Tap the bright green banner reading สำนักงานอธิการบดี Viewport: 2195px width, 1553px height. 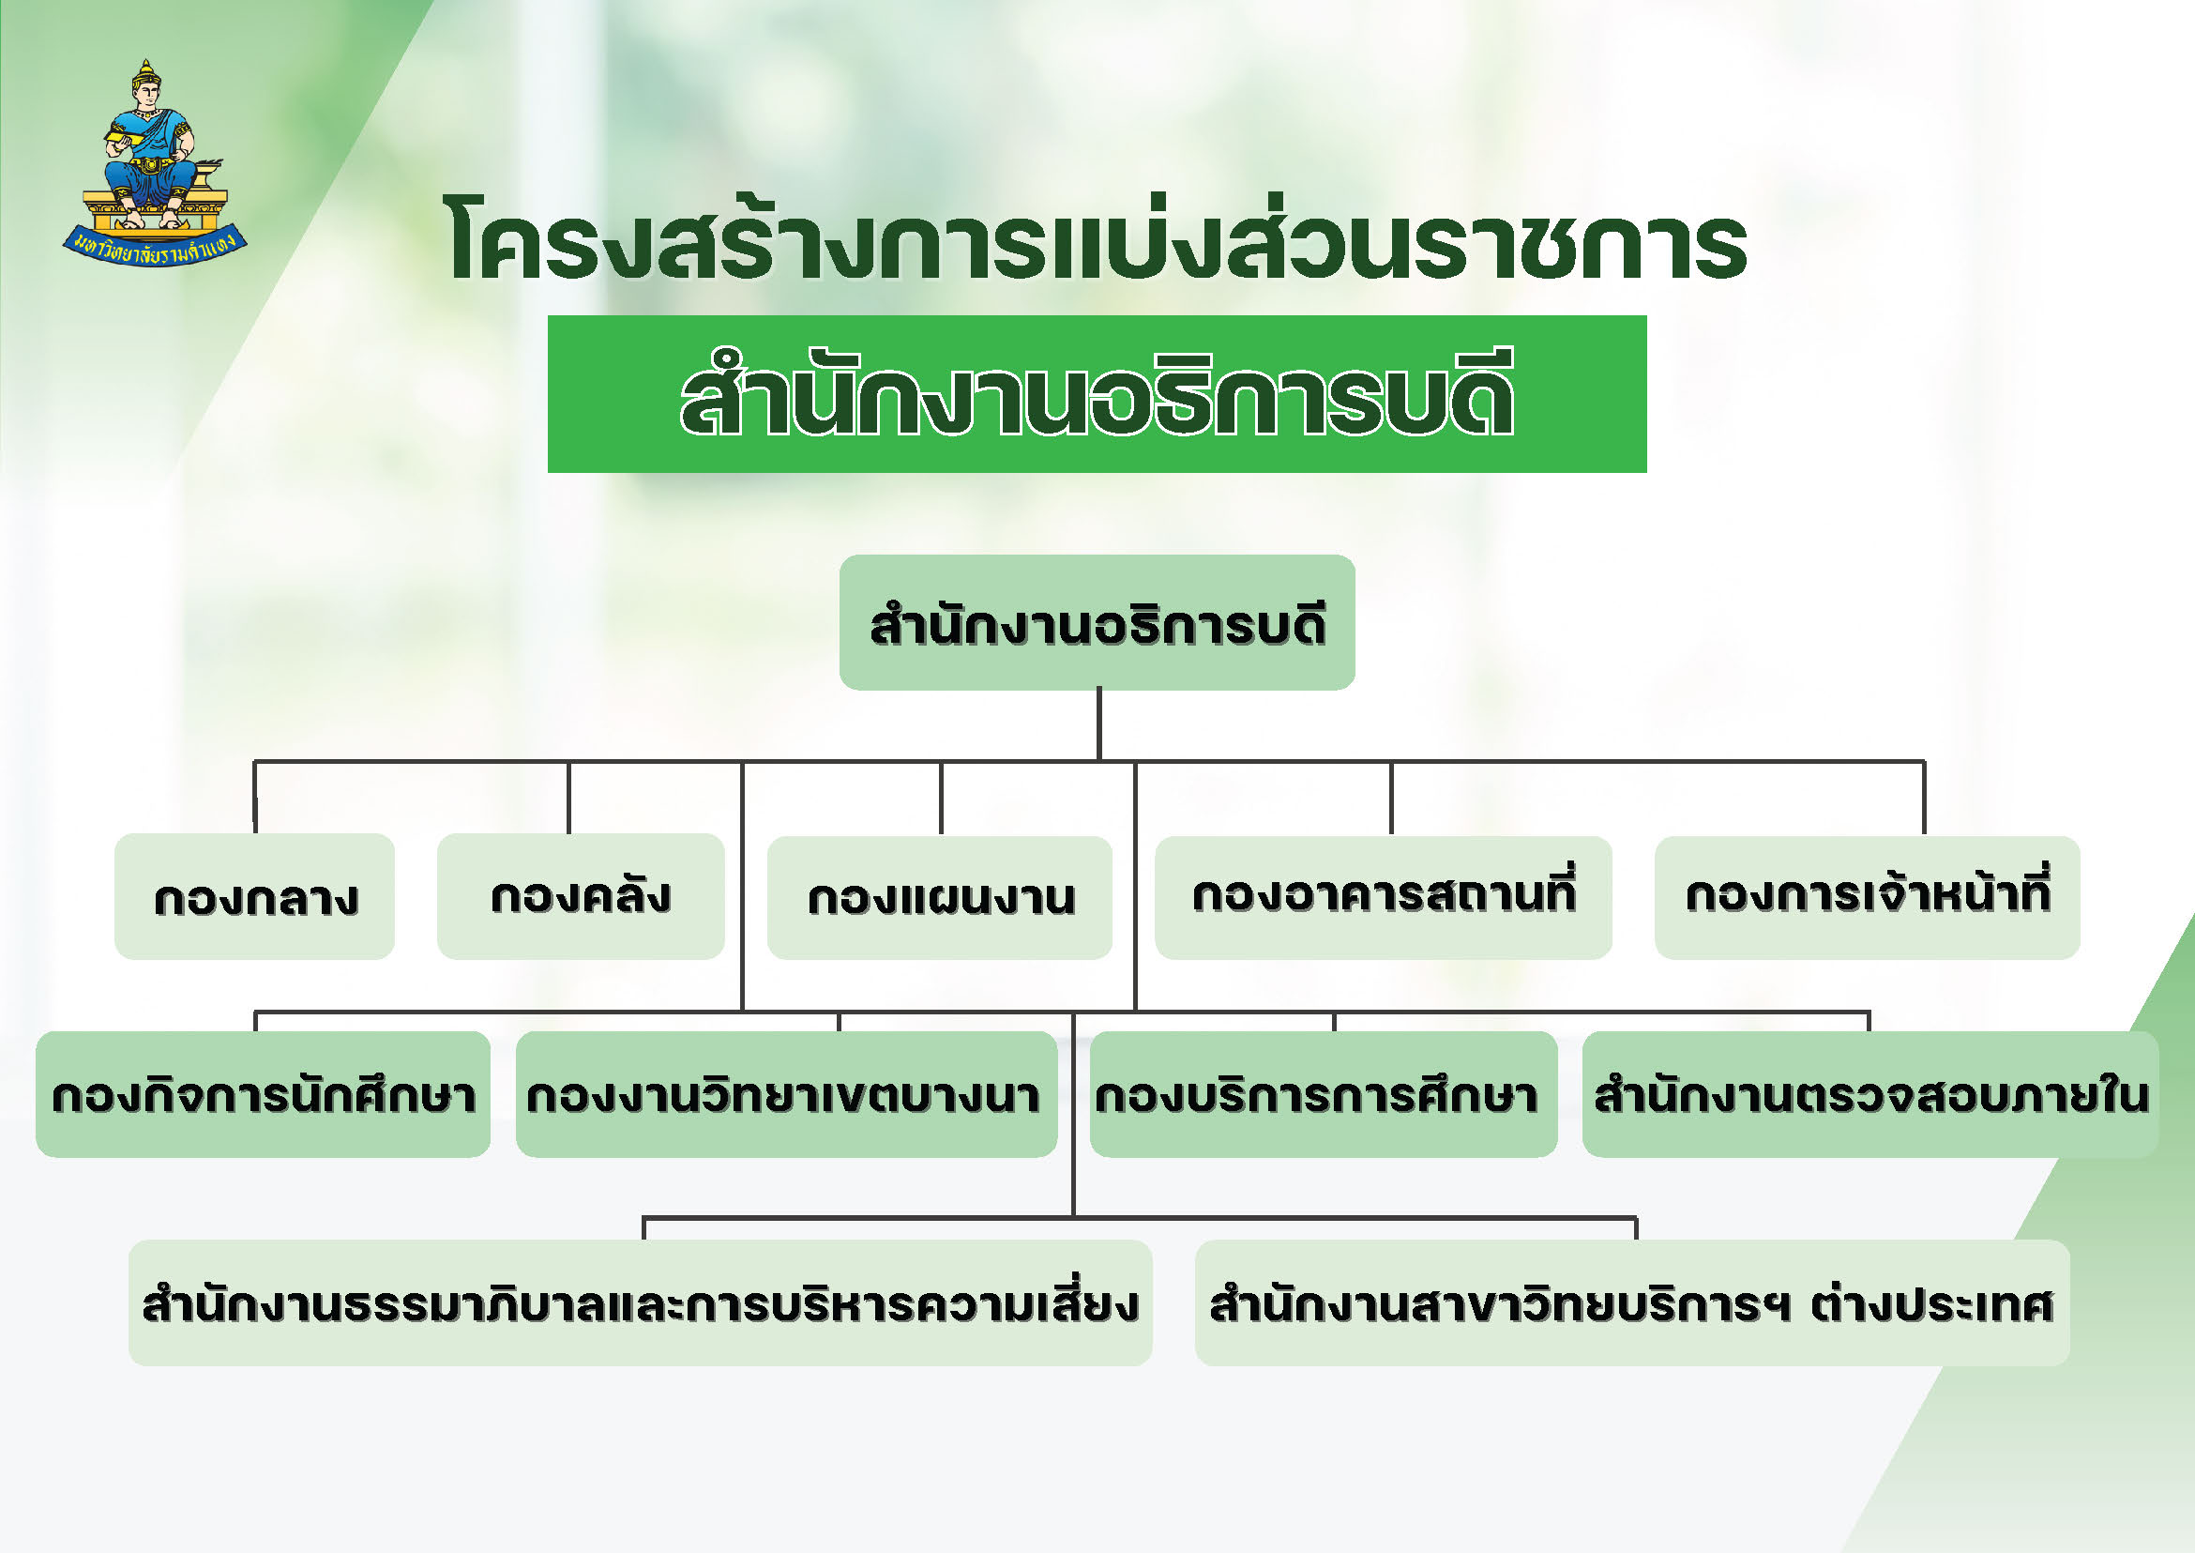tap(1097, 394)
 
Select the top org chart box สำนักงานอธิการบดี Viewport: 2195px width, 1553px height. tap(1097, 621)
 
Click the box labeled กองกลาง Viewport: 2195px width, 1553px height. tap(254, 896)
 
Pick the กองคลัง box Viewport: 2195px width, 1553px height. tap(581, 896)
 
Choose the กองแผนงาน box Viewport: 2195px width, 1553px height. tap(940, 898)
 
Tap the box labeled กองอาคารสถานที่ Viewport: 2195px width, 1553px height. tap(1384, 898)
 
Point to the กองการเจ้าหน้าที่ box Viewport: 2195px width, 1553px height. tap(1867, 898)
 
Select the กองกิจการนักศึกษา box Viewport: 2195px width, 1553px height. tap(263, 1094)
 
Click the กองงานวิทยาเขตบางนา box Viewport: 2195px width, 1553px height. tap(786, 1094)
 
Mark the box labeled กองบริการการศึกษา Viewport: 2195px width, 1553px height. tap(1324, 1094)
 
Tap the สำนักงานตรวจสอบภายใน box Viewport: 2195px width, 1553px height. tap(1870, 1094)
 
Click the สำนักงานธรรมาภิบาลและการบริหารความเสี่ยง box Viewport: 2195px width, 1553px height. tap(641, 1302)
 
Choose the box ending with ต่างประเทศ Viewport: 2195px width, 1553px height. tap(1632, 1302)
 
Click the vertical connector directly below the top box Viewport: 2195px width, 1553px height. tap(1099, 724)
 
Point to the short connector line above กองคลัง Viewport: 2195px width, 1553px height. tap(568, 798)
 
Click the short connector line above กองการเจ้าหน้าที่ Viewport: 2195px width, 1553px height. tap(1924, 799)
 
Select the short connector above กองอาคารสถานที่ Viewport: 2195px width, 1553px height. tap(1391, 799)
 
